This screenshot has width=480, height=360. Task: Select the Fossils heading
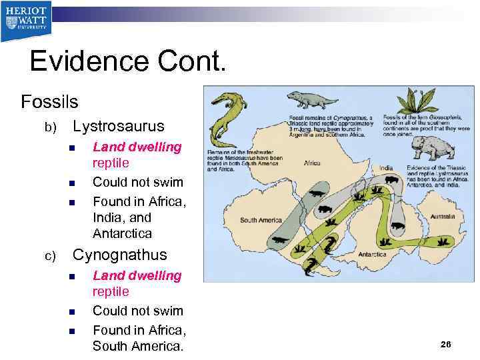[49, 102]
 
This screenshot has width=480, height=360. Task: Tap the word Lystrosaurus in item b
[118, 126]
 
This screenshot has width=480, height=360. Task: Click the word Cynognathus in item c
[120, 255]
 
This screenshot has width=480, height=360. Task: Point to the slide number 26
[446, 344]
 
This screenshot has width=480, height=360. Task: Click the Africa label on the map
[312, 163]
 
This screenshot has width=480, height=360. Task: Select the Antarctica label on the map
[373, 254]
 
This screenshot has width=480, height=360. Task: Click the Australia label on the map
[443, 217]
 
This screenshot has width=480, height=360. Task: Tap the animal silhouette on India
[391, 179]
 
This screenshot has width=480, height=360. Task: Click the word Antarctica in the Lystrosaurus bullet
[122, 233]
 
